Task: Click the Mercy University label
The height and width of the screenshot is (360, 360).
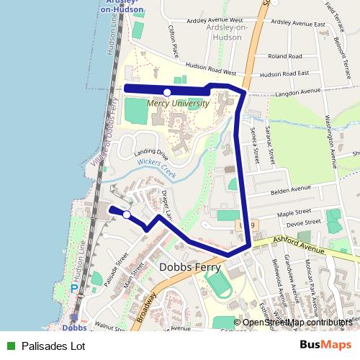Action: click(178, 103)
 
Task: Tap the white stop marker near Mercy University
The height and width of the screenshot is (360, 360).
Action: click(167, 92)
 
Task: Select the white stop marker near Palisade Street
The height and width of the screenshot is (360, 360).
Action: click(127, 215)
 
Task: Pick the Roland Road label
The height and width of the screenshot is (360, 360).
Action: click(284, 55)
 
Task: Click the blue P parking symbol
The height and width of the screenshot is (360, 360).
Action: click(74, 289)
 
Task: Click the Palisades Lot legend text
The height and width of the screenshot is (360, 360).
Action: click(53, 346)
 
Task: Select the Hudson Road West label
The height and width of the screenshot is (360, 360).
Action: click(220, 73)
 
